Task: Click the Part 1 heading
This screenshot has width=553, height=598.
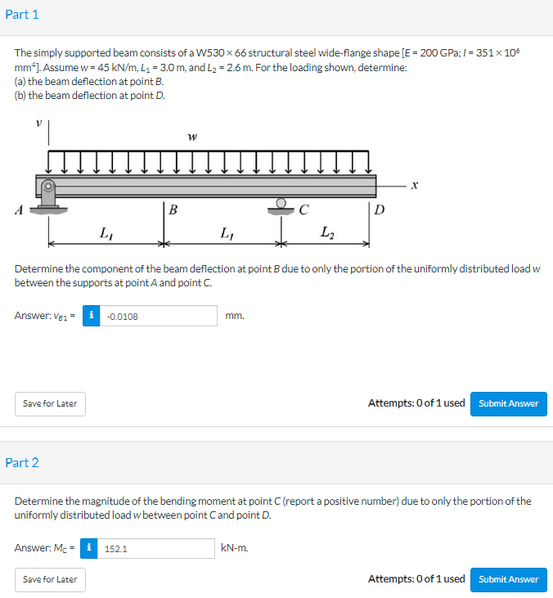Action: click(x=22, y=15)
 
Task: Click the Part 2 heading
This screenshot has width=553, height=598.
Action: click(x=22, y=462)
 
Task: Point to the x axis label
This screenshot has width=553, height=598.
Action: click(x=416, y=187)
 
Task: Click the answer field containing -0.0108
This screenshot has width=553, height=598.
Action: click(x=159, y=316)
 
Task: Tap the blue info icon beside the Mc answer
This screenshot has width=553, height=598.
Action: click(x=90, y=547)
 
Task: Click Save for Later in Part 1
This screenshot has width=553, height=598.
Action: click(x=50, y=403)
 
